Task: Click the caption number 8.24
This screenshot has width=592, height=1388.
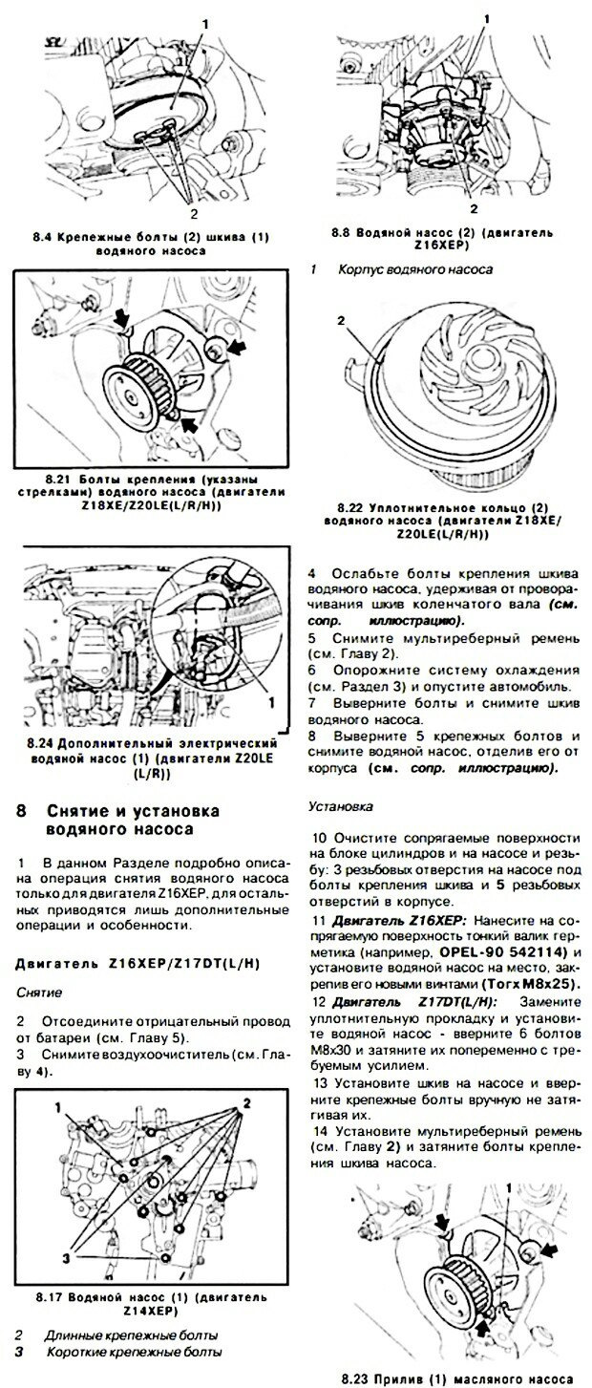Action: (x=43, y=742)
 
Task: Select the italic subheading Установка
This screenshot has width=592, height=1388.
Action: (x=334, y=806)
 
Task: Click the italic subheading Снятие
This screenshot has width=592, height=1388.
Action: (x=39, y=993)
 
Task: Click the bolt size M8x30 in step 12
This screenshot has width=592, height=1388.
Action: (x=331, y=1031)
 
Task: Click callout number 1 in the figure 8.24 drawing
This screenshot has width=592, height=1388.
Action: (x=271, y=700)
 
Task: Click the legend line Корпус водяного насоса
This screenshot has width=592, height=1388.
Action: (x=414, y=269)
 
